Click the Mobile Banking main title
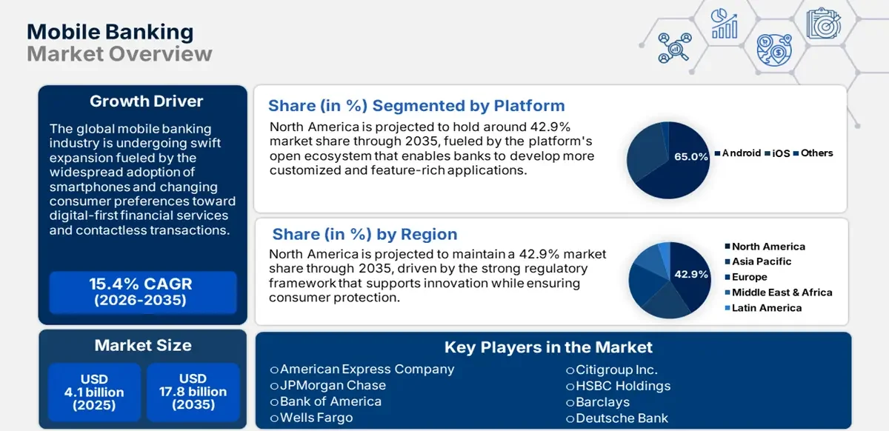(x=110, y=32)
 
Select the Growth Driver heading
(x=146, y=101)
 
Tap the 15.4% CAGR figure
(x=141, y=284)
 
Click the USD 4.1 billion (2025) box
(x=93, y=392)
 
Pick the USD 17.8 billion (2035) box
(x=193, y=392)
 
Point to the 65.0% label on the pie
(x=691, y=157)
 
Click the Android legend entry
(x=741, y=153)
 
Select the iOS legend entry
(x=781, y=153)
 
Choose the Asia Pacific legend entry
(x=761, y=261)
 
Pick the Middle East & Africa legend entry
(x=782, y=293)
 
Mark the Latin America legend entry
(x=766, y=308)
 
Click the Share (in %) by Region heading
(x=364, y=235)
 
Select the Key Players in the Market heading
(x=548, y=347)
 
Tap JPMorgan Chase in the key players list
(x=332, y=385)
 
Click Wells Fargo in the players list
(x=316, y=418)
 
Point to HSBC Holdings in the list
(x=622, y=386)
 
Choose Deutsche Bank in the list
(x=622, y=418)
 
